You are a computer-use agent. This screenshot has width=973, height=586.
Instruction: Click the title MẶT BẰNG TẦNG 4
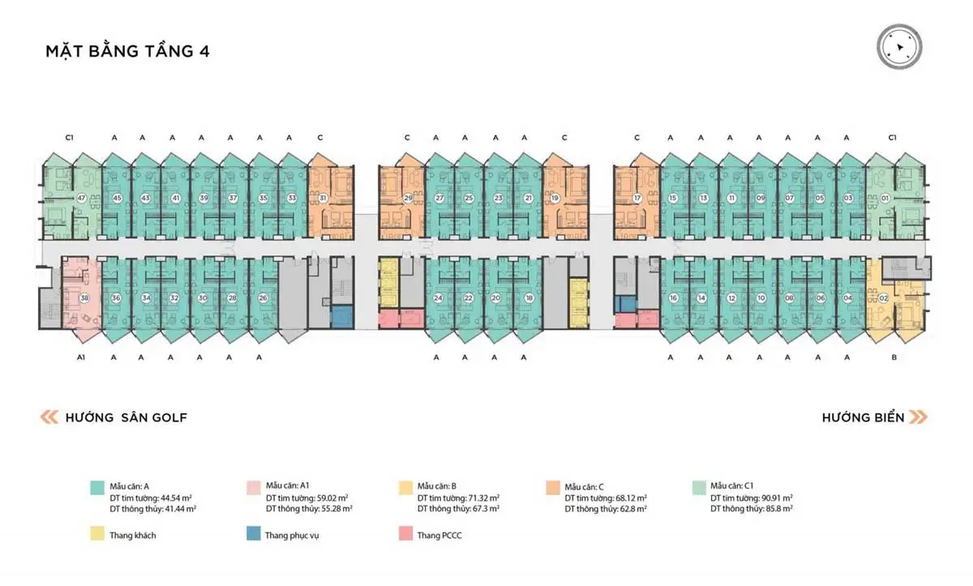pyautogui.click(x=128, y=52)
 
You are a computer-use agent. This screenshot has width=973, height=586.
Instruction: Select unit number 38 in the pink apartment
pyautogui.click(x=84, y=297)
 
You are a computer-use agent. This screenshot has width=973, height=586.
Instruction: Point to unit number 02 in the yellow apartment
pyautogui.click(x=883, y=297)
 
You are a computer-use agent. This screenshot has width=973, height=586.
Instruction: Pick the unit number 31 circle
pyautogui.click(x=323, y=198)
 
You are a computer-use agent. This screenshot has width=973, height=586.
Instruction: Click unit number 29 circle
pyautogui.click(x=409, y=198)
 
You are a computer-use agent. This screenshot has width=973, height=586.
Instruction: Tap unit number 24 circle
pyautogui.click(x=438, y=297)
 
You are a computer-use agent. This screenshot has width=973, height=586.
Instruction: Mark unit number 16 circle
pyautogui.click(x=673, y=297)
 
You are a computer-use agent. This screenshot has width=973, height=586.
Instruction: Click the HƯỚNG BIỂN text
pyautogui.click(x=863, y=417)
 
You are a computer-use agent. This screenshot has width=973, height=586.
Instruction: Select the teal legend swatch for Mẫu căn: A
pyautogui.click(x=96, y=487)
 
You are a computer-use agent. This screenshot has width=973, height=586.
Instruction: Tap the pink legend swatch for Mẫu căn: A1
pyautogui.click(x=251, y=487)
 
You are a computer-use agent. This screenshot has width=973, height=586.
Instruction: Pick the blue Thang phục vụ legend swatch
pyautogui.click(x=251, y=535)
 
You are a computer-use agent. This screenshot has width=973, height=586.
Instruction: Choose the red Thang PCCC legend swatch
pyautogui.click(x=405, y=535)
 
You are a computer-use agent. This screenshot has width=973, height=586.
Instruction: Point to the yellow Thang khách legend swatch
pyautogui.click(x=96, y=535)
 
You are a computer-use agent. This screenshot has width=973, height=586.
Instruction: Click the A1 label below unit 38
pyautogui.click(x=81, y=357)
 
